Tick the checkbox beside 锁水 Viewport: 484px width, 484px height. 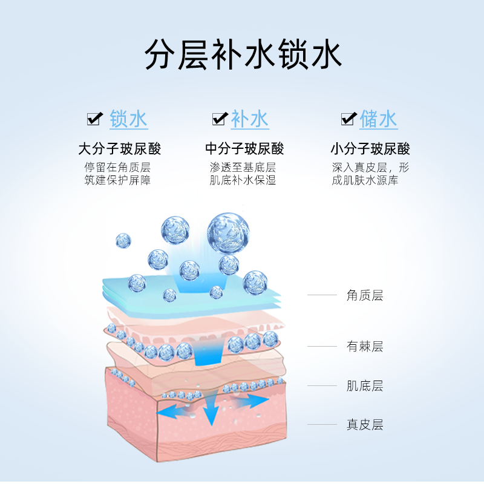click(95, 119)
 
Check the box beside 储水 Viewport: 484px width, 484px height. click(348, 119)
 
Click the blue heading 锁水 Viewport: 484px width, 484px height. click(128, 119)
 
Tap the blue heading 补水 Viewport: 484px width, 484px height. click(250, 119)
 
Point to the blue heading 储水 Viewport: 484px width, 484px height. click(378, 119)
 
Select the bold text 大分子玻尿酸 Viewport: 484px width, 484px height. click(120, 149)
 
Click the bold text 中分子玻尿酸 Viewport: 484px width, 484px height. click(244, 149)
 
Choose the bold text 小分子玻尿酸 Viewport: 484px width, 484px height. click(370, 149)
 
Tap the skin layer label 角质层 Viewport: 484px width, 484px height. click(365, 295)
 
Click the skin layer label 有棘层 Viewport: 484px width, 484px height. click(365, 347)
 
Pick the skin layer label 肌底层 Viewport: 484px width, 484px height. click(365, 386)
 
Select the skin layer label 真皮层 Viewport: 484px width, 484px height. click(365, 425)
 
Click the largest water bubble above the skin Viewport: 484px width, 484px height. click(228, 233)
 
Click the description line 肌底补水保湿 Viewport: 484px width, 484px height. click(243, 180)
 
